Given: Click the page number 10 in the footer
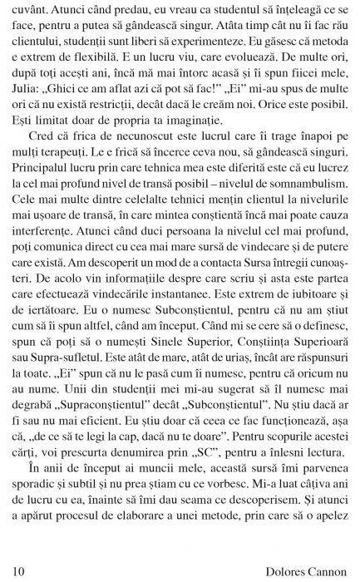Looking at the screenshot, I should [19, 570].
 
